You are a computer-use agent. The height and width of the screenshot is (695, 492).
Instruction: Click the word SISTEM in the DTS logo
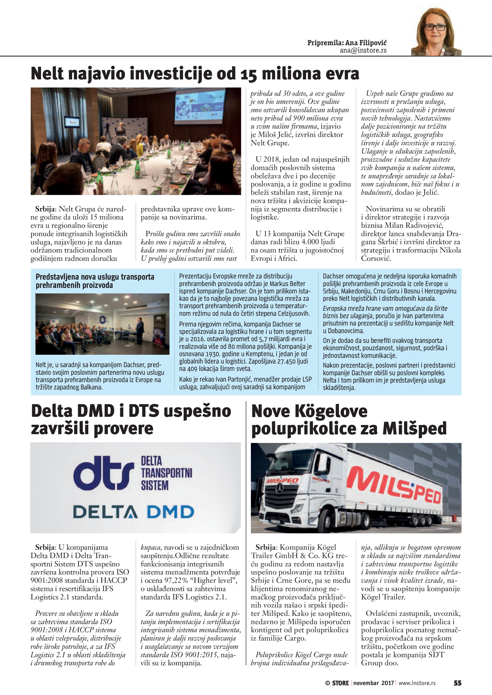(x=154, y=486)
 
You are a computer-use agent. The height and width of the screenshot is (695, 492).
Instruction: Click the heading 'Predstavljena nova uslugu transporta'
(x=95, y=277)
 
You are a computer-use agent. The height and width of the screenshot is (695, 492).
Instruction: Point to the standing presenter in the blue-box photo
(x=140, y=331)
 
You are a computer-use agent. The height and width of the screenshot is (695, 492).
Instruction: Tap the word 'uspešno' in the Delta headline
(x=198, y=411)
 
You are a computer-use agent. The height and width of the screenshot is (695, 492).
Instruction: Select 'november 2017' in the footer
(x=373, y=683)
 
